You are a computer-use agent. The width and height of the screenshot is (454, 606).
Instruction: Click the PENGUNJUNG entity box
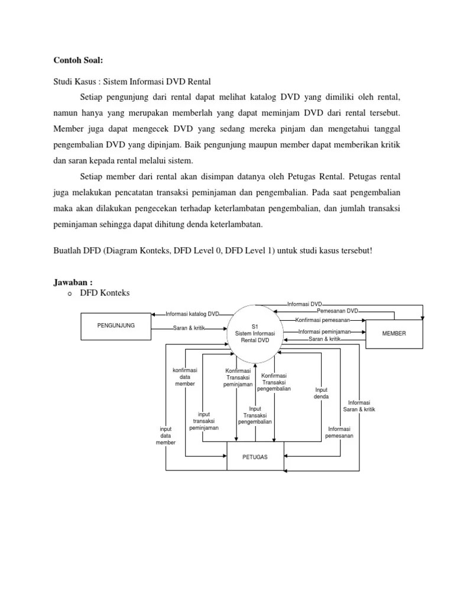115,325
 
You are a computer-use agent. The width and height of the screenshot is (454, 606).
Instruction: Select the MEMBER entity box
394,333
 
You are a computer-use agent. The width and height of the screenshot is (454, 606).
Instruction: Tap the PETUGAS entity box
255,457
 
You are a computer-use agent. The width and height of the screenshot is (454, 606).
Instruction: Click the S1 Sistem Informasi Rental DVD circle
255,333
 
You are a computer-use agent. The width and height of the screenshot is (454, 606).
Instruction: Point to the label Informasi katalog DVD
192,314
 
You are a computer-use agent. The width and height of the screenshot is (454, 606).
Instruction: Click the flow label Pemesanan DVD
337,311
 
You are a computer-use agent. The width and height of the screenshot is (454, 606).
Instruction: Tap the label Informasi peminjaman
325,331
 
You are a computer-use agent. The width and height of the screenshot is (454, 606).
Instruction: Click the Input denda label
321,393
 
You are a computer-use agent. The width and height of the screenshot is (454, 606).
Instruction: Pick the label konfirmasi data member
184,377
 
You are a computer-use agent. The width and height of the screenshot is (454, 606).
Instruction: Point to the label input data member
166,436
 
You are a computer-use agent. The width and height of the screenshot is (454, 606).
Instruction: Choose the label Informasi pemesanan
339,433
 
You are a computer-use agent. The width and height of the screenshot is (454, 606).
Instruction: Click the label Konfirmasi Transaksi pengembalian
274,382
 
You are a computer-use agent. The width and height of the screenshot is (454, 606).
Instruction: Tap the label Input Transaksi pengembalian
255,415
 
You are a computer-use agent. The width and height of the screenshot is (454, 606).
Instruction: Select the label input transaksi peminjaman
204,421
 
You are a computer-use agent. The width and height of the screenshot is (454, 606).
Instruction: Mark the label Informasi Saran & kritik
359,406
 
